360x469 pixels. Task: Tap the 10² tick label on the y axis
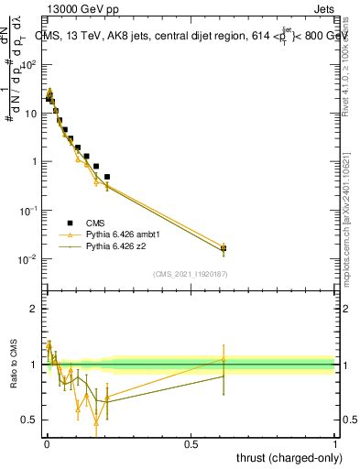[x=31, y=65]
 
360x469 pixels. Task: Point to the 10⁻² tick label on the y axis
[x=31, y=259]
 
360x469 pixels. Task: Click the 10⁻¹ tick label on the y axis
[x=31, y=211]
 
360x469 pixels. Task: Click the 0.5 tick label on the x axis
[x=191, y=443]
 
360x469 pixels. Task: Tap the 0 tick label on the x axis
[x=47, y=443]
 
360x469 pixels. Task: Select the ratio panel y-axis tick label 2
[x=34, y=309]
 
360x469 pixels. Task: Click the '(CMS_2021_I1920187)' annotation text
[x=191, y=273]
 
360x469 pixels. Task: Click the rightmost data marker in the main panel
[x=224, y=248]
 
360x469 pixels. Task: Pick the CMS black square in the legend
[x=70, y=222]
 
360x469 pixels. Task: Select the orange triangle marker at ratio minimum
[x=96, y=420]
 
